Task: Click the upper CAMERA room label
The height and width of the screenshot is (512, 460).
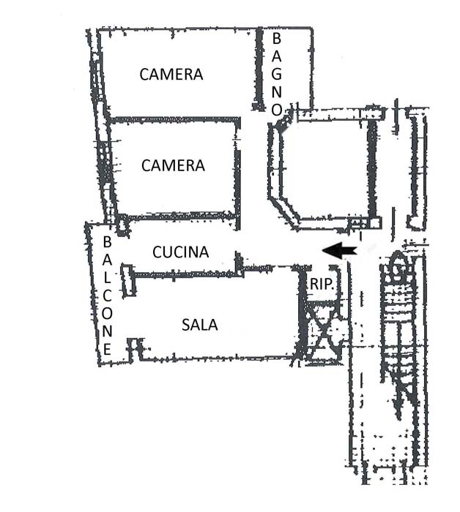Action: [x=171, y=75]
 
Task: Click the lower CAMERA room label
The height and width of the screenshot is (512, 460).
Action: [x=173, y=165]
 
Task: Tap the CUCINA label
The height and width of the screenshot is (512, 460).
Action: [x=180, y=252]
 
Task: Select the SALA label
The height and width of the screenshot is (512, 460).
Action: [x=200, y=325]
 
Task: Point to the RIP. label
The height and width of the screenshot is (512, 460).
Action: [x=322, y=284]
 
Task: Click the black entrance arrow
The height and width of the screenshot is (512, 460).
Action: [x=339, y=251]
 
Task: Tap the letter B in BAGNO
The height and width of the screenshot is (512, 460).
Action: [x=277, y=39]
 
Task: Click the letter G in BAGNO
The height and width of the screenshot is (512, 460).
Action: [x=277, y=75]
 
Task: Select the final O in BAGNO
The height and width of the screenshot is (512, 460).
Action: [x=277, y=110]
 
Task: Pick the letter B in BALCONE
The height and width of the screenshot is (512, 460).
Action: [x=107, y=242]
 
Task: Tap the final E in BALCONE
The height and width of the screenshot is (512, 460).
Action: [x=107, y=350]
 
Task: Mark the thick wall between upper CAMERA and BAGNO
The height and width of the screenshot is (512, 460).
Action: [x=259, y=69]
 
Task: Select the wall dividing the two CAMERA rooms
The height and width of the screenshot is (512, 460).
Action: [x=175, y=120]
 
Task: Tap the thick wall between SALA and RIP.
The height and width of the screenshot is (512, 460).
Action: [x=302, y=313]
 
